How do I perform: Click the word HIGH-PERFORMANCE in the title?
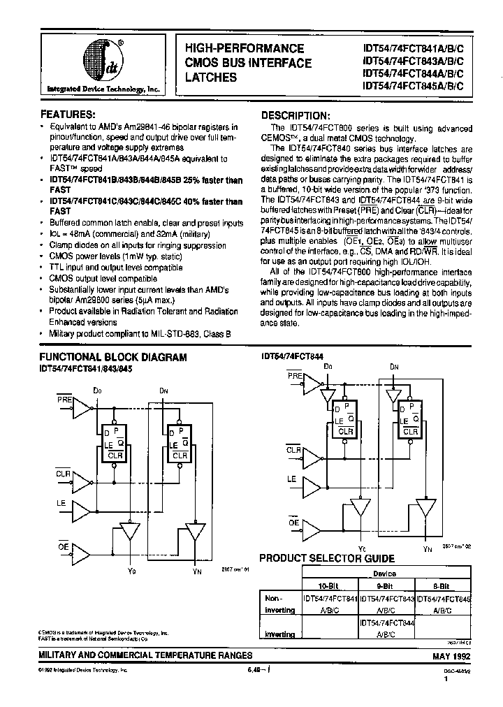point(245,49)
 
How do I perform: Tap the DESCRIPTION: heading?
point(294,115)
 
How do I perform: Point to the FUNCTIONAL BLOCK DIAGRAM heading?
point(112,357)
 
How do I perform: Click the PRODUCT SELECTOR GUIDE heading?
point(327,558)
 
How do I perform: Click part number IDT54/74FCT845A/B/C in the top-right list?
point(417,86)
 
